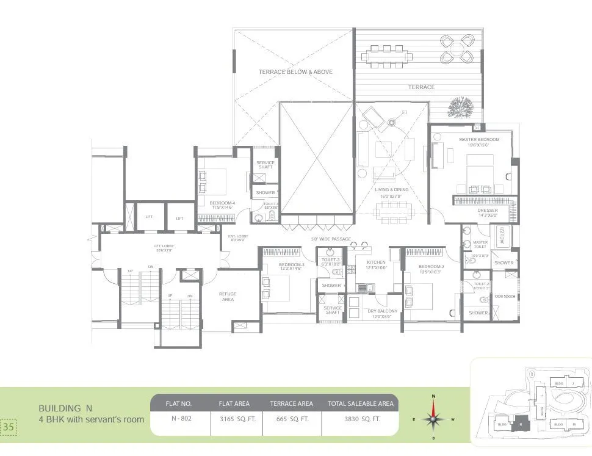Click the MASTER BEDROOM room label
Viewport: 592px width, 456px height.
pos(479,140)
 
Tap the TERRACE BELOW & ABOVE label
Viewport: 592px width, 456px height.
pos(295,72)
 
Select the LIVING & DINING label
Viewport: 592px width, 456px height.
pos(391,190)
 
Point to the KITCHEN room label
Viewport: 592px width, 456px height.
pos(376,262)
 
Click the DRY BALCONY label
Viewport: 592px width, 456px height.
pos(383,311)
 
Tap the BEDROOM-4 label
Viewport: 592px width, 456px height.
pos(222,203)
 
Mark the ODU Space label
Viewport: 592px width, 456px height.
pos(505,296)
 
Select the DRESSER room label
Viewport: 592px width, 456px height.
pos(488,211)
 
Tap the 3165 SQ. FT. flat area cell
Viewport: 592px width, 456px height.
pos(234,419)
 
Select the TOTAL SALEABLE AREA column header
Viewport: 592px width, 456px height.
pos(359,404)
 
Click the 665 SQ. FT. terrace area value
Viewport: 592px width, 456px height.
pos(291,419)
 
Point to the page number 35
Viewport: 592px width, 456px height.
pos(9,427)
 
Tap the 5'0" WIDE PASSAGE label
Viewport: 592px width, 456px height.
pos(331,239)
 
